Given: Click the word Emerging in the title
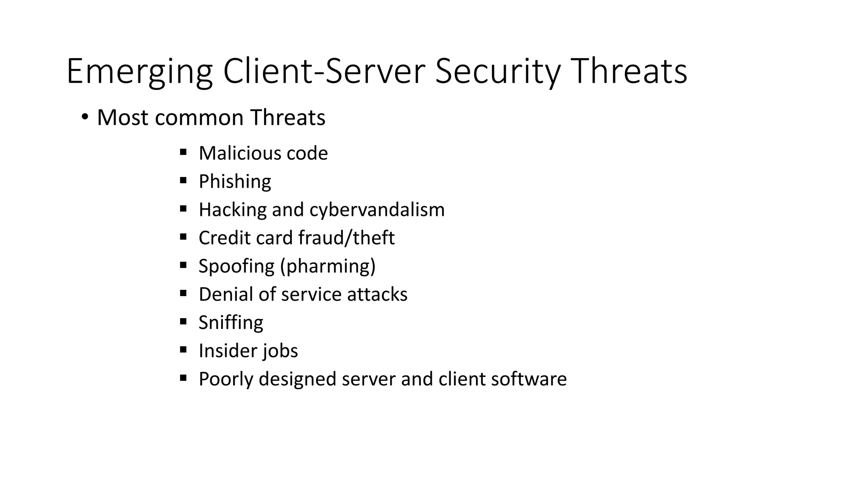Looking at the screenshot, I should click(x=139, y=72).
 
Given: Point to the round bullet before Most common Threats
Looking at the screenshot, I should click(x=85, y=117).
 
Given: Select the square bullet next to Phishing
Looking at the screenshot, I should click(x=183, y=181).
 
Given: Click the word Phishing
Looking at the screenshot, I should click(x=235, y=182).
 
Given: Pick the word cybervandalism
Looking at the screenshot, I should click(x=377, y=210).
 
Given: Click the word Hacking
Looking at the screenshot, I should click(x=232, y=210).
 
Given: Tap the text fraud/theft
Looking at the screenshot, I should click(x=346, y=238).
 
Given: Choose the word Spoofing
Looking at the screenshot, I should click(x=237, y=266).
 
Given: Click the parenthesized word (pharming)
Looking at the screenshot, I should click(x=329, y=266).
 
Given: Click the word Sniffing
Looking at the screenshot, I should click(x=231, y=323).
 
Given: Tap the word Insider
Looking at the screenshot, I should click(x=225, y=351).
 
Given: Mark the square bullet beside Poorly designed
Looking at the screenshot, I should click(x=183, y=378).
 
